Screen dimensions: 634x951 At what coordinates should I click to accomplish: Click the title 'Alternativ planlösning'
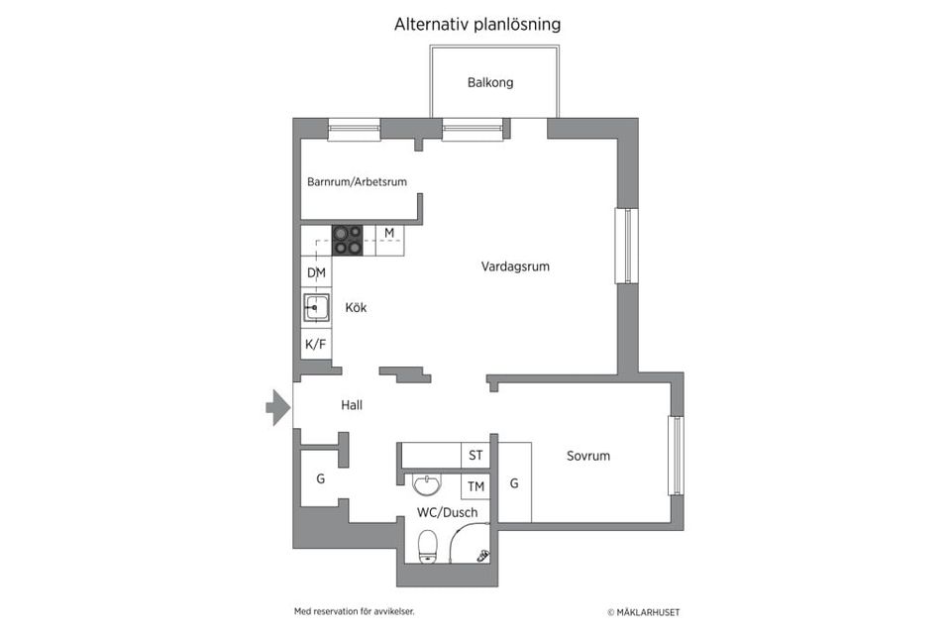(476, 25)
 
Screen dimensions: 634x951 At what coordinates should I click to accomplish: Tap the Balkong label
(490, 83)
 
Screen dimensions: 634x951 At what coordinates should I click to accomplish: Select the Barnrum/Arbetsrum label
(357, 182)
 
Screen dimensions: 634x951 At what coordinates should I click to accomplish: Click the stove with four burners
(347, 240)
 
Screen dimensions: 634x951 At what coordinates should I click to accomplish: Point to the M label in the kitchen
(389, 234)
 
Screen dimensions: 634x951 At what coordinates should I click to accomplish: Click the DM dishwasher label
(316, 273)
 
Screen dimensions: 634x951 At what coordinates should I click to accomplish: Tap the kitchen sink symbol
(316, 309)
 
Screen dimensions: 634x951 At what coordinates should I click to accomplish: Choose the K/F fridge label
(315, 345)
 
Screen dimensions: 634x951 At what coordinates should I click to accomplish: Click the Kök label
(356, 308)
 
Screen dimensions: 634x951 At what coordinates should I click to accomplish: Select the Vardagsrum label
(515, 266)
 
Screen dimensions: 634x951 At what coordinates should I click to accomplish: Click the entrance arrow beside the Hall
(277, 407)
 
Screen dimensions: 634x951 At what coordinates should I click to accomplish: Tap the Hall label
(352, 405)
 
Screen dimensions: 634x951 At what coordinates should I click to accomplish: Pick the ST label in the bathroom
(475, 456)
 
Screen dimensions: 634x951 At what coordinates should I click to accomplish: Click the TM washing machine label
(475, 486)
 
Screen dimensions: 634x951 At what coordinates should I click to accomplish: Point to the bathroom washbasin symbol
(427, 484)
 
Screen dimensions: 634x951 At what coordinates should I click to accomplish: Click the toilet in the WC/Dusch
(428, 544)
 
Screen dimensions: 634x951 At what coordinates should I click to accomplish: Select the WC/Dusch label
(447, 513)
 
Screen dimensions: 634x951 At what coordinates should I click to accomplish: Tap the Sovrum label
(588, 457)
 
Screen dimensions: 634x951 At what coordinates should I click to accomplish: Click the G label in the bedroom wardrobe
(514, 483)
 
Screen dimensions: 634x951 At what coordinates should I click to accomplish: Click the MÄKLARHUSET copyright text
(644, 612)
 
